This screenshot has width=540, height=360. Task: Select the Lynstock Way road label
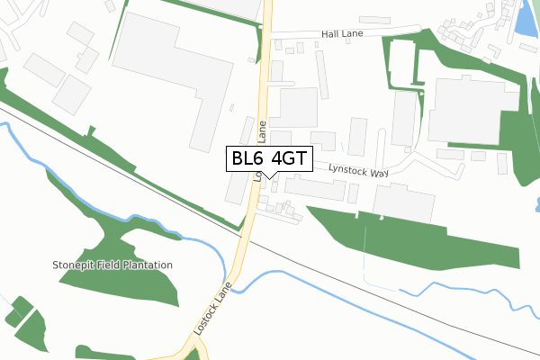tap(358, 169)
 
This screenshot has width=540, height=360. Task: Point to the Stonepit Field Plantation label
tap(112, 265)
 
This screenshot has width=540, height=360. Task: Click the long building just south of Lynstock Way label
tap(315, 188)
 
